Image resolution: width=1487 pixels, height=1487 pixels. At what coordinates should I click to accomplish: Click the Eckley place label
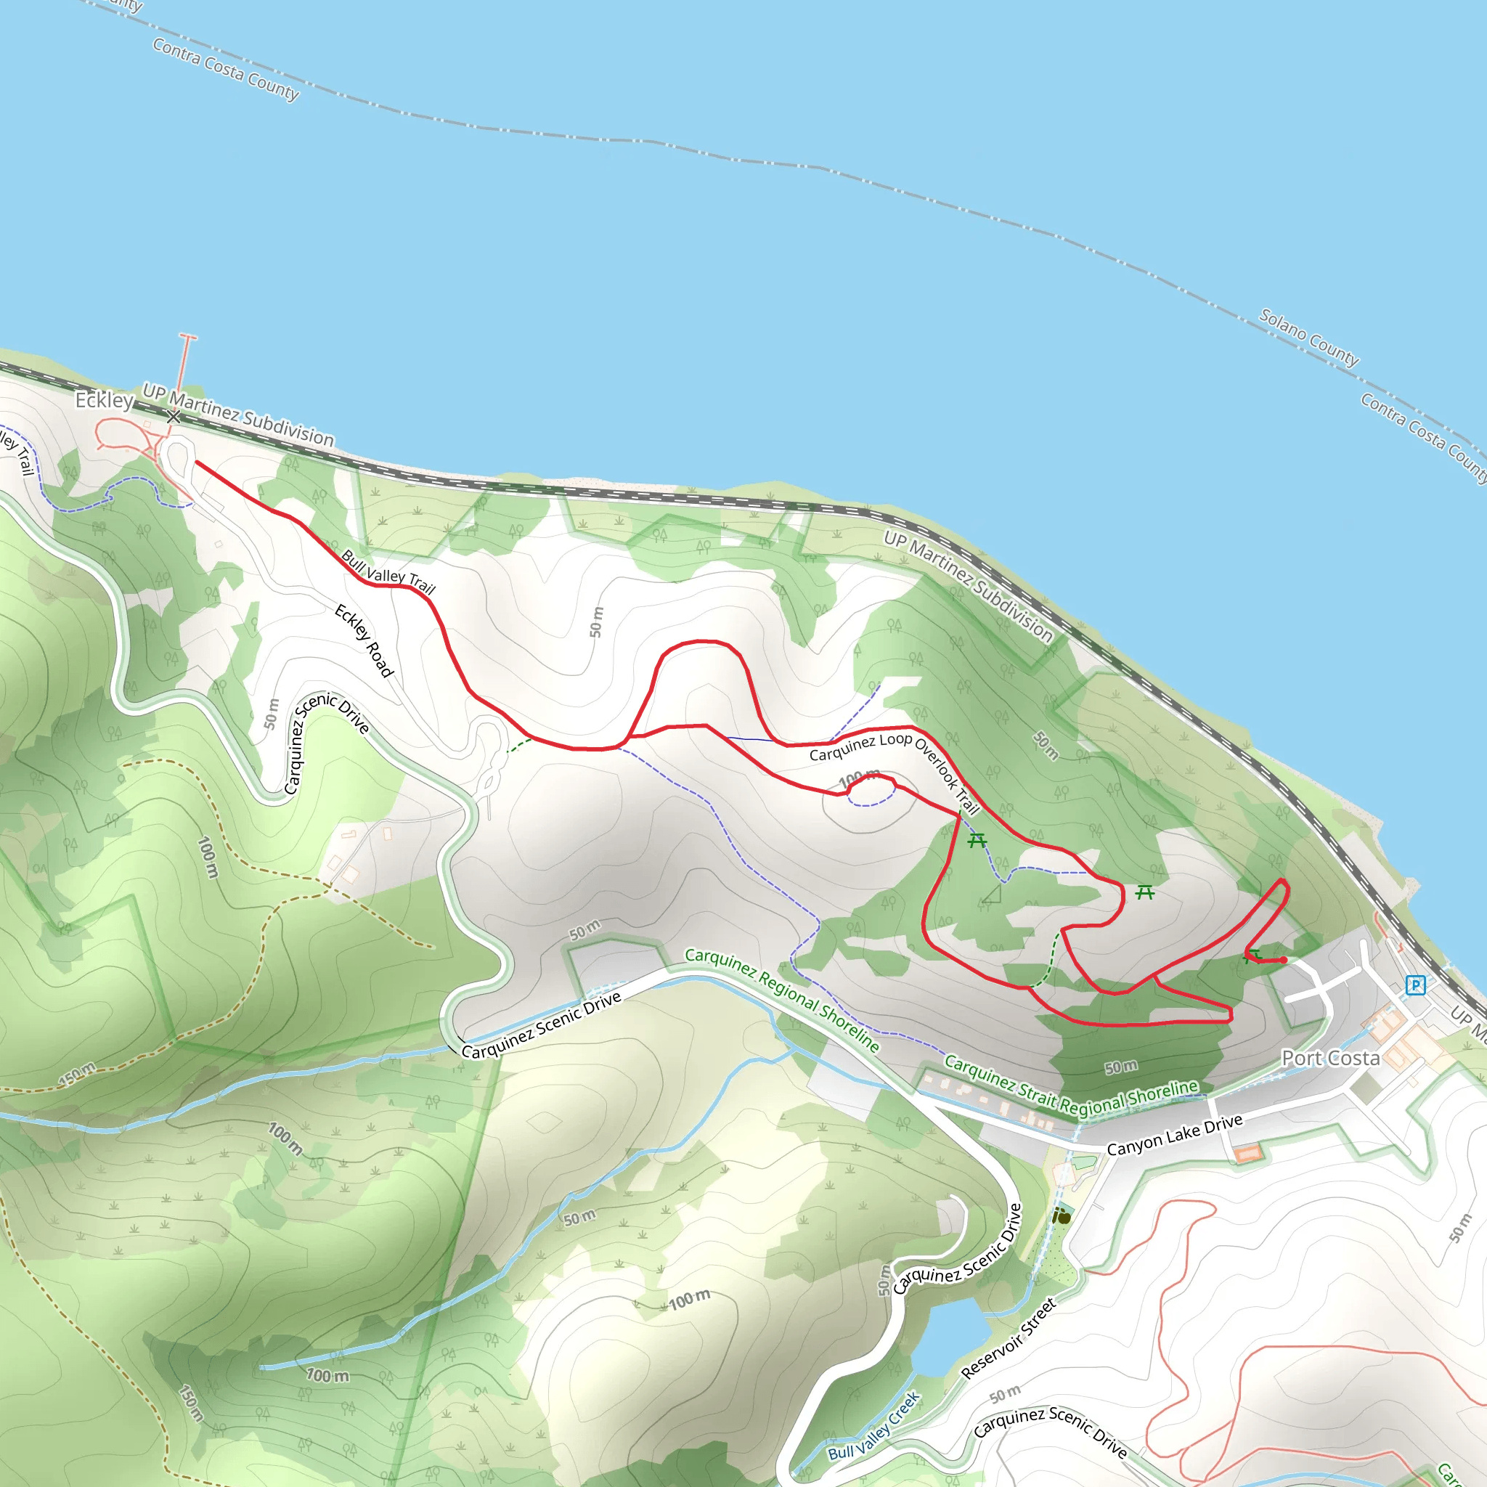tap(104, 400)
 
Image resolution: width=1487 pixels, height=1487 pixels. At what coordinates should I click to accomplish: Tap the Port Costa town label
tap(1330, 1059)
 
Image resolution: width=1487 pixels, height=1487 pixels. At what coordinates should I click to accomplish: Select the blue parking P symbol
tap(1415, 985)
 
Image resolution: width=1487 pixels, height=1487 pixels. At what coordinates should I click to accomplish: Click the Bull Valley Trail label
tap(388, 572)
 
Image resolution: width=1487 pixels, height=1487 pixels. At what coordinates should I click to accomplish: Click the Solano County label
tap(1308, 337)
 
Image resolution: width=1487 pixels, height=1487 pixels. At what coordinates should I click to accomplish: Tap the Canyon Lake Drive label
tap(1175, 1135)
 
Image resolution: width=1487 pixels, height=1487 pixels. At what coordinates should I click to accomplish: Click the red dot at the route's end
tap(1284, 960)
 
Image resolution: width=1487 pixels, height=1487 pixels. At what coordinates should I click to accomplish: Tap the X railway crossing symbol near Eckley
tap(174, 416)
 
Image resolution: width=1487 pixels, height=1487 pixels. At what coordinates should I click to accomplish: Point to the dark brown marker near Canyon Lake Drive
tap(1062, 1217)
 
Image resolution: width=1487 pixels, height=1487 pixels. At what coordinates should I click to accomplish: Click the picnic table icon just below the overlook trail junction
tap(977, 840)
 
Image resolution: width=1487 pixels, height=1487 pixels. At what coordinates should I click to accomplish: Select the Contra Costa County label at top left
tap(226, 69)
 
